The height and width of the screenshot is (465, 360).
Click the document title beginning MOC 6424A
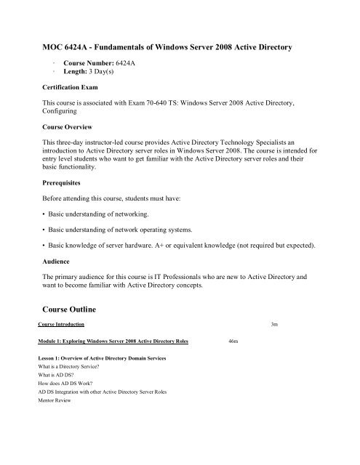point(169,46)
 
